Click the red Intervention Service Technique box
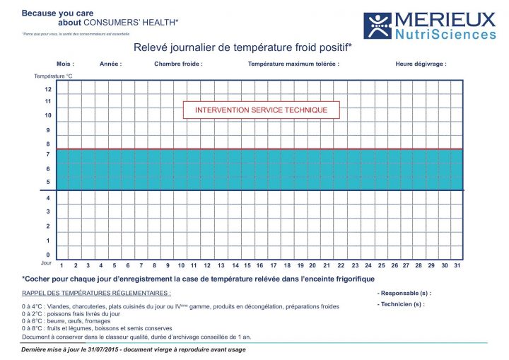tap(261, 110)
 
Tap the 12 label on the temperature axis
tap(48, 90)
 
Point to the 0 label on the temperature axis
tap(48, 255)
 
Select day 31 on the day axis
tap(457, 266)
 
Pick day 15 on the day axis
tap(247, 266)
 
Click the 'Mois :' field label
tap(65, 64)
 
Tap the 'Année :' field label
tap(111, 64)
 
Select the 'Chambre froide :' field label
tap(178, 64)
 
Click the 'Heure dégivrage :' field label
tap(421, 64)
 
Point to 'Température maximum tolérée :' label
tap(293, 64)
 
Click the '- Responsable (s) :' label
tap(404, 293)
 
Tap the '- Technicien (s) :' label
tap(402, 304)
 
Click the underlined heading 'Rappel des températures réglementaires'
tap(96, 293)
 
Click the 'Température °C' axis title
tap(54, 76)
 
